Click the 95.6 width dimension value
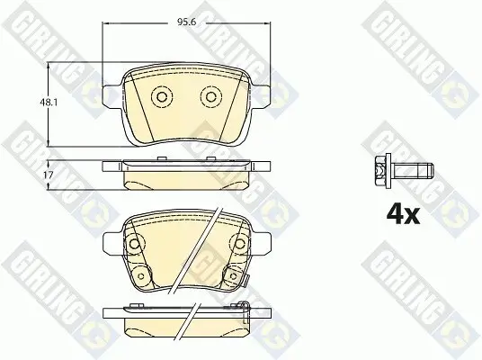pos(186,22)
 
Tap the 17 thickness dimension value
pos(49,175)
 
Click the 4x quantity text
pos(403,214)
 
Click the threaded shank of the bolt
pos(412,170)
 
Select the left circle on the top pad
pos(162,97)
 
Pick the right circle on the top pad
pos(210,97)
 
